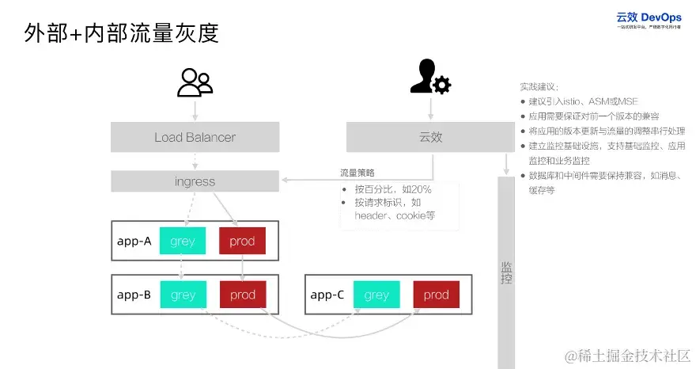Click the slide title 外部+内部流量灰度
click(121, 33)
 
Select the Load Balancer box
click(195, 137)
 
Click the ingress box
click(195, 181)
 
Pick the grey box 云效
click(430, 137)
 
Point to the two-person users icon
click(195, 82)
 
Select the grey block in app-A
click(183, 242)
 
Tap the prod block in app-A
click(242, 242)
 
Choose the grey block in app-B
click(183, 295)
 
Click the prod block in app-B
click(242, 295)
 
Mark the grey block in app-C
click(376, 295)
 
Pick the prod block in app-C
click(436, 295)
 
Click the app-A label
click(134, 242)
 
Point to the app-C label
click(327, 295)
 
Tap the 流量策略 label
click(357, 173)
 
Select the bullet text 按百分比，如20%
click(392, 190)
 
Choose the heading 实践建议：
click(539, 86)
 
